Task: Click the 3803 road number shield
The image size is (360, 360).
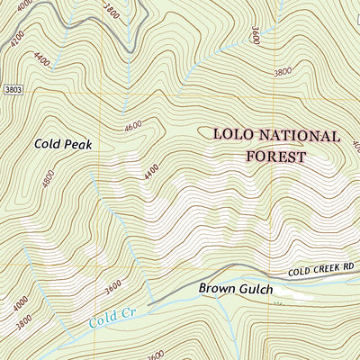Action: point(11,90)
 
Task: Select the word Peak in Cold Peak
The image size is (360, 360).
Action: point(79,143)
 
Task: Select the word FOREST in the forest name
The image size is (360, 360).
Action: point(275,156)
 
